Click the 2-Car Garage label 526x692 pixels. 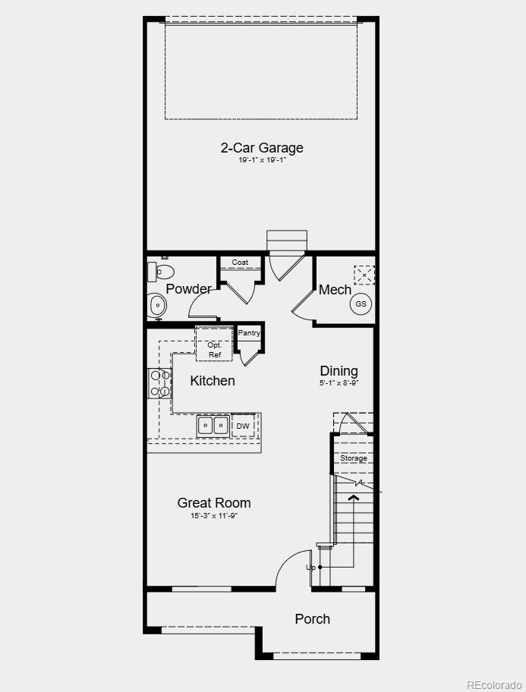click(x=262, y=148)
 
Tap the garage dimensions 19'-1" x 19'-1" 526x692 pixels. click(x=262, y=161)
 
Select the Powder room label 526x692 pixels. click(x=188, y=289)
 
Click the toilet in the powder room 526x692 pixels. click(x=162, y=271)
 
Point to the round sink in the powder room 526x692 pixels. click(x=158, y=306)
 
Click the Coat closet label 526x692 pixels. click(x=240, y=263)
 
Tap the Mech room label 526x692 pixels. click(x=335, y=290)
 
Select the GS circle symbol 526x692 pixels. click(x=361, y=304)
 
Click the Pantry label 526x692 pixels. click(x=249, y=333)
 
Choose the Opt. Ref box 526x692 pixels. click(x=214, y=350)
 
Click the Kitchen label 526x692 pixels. click(x=213, y=381)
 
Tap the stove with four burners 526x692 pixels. click(x=159, y=383)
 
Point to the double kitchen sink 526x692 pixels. click(x=213, y=426)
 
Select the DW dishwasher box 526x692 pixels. click(x=243, y=426)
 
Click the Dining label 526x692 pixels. click(x=339, y=371)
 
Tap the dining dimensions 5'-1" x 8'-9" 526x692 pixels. click(x=339, y=384)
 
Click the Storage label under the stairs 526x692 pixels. click(x=354, y=458)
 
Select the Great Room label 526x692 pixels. click(x=214, y=503)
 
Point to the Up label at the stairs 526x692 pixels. click(x=310, y=568)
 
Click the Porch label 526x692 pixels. click(x=312, y=619)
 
